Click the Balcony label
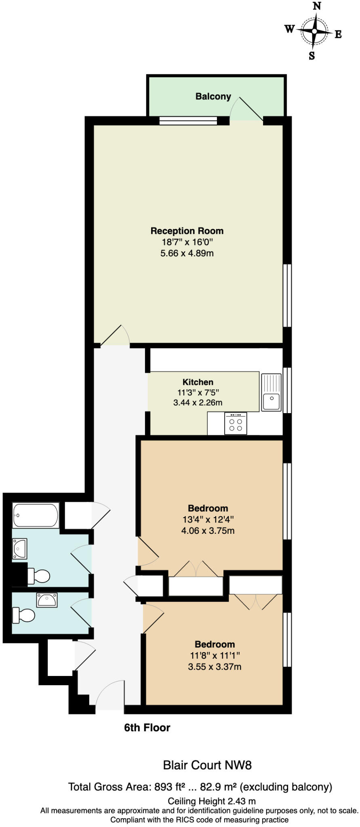213,97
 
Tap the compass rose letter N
317,6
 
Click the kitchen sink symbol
271,393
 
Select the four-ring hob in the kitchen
235,424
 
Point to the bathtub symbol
36,515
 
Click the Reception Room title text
187,231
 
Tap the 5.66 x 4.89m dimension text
187,254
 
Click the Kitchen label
198,382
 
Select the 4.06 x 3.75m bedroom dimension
208,531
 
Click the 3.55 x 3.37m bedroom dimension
215,667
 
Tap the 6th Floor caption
147,728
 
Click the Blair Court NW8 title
207,765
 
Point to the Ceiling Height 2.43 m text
211,801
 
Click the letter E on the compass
338,34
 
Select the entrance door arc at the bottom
109,693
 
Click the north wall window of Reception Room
188,120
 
